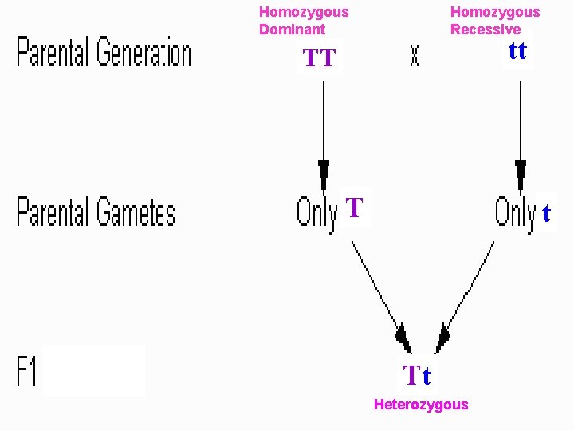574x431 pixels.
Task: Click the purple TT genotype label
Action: [x=320, y=58]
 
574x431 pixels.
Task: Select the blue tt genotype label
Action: [x=517, y=51]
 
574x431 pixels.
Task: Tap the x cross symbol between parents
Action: [x=415, y=56]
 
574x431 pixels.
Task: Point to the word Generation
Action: [x=144, y=54]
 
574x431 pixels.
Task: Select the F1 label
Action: [x=27, y=371]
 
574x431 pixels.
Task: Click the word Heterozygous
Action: [x=421, y=405]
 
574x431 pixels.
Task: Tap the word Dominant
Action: [x=292, y=30]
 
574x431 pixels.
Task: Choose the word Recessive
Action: [x=485, y=30]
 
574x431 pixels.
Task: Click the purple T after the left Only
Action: [x=355, y=209]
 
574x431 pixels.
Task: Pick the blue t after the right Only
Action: [x=546, y=214]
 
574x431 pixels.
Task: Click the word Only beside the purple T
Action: [x=316, y=212]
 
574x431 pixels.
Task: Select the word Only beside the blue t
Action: [x=515, y=212]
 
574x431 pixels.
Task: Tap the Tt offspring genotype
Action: [x=417, y=374]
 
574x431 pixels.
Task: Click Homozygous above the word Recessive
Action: [x=495, y=12]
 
